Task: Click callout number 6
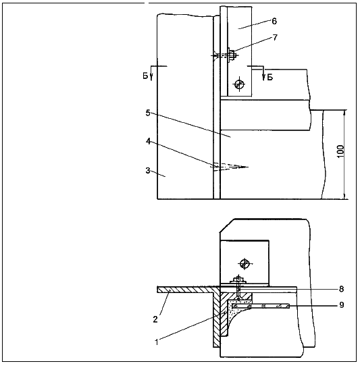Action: coord(274,21)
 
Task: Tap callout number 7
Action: coord(275,38)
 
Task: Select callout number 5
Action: coord(148,113)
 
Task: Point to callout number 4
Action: coord(148,141)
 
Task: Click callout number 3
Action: coord(148,170)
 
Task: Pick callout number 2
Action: coord(155,319)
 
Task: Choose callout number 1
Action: coord(157,342)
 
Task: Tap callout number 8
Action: coord(341,289)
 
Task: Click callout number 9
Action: coord(341,305)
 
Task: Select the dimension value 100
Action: coord(340,151)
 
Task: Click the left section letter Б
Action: coord(145,76)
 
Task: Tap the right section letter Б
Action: coord(269,77)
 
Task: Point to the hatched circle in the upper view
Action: coord(239,84)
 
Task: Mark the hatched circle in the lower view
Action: coord(245,263)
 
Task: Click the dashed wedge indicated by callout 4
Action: coord(230,167)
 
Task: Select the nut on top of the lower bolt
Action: coord(238,280)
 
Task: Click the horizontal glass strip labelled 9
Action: coord(261,307)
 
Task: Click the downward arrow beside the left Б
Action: coord(151,76)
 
